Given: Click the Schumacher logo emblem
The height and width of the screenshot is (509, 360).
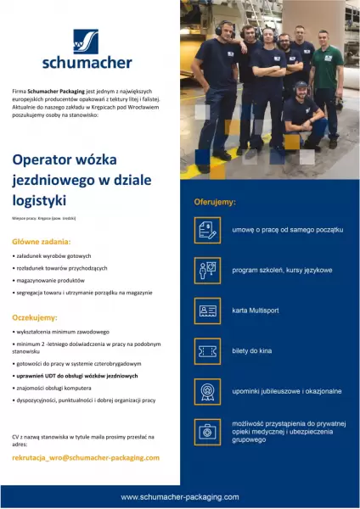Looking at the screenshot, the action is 85,41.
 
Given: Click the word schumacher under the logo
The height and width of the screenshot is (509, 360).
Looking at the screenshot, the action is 87,62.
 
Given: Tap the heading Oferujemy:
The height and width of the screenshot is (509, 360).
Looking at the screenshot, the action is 215,203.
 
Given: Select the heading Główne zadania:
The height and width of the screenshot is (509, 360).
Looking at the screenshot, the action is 41,241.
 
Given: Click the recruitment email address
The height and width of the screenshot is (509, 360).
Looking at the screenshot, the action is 86,457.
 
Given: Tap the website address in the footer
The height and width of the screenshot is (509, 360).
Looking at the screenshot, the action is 179,496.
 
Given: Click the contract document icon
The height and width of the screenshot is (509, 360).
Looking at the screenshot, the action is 207,230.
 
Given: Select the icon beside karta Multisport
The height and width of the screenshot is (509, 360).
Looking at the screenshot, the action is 207,310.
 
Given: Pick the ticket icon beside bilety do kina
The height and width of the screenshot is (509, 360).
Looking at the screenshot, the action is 207,350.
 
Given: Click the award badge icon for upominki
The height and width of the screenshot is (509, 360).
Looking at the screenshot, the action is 207,391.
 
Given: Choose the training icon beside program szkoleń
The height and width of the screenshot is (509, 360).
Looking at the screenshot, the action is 207,270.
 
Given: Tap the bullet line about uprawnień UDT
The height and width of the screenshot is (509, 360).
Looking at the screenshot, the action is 82,374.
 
